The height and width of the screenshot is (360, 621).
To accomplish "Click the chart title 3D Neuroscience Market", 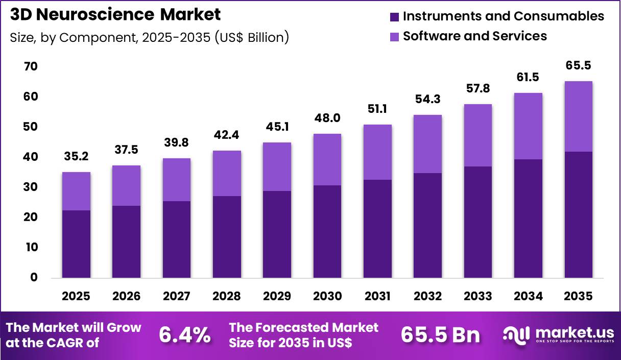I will click(115, 14).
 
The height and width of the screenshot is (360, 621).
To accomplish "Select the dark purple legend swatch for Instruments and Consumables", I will click(394, 17).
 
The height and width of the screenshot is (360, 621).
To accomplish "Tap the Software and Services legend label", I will click(474, 36).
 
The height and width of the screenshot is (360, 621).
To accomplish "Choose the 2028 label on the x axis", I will click(227, 296).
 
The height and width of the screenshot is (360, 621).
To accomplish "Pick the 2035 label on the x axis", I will click(579, 296).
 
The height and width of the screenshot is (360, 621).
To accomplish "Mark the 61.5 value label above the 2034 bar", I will click(528, 77).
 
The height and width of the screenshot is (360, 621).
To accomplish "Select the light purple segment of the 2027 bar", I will click(177, 180).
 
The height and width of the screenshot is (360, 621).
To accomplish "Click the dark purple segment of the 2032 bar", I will click(428, 225).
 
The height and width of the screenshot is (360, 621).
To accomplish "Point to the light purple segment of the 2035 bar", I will click(579, 116).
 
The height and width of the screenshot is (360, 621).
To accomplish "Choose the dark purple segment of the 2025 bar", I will click(76, 244).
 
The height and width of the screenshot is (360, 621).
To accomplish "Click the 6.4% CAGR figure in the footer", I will click(184, 335).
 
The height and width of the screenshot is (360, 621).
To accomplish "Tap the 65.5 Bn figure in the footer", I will click(440, 335).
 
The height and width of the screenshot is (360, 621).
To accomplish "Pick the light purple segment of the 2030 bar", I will click(327, 159).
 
